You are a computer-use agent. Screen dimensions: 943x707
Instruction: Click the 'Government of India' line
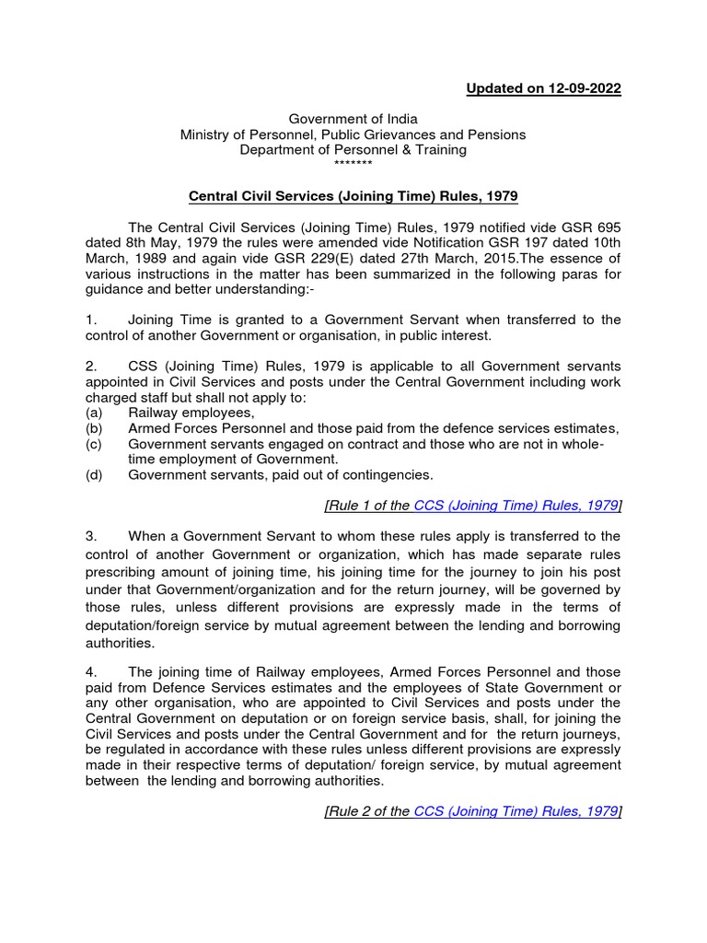pos(353,119)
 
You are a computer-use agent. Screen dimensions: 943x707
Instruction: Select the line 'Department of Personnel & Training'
pos(353,149)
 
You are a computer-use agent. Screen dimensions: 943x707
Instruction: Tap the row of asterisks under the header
pos(353,164)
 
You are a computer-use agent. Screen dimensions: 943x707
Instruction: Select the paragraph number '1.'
pos(91,320)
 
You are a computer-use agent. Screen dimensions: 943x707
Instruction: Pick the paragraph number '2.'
pos(91,367)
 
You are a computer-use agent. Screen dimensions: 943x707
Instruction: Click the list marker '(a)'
pos(93,413)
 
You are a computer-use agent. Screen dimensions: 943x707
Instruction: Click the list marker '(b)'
pos(93,429)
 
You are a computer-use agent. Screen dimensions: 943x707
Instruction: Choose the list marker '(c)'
pos(93,445)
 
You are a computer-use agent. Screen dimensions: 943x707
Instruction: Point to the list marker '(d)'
pos(93,475)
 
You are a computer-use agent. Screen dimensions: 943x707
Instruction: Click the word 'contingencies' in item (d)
pos(386,475)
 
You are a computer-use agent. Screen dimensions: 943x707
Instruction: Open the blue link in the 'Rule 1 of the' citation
pos(516,505)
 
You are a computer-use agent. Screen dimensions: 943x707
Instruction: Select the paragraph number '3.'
pos(91,535)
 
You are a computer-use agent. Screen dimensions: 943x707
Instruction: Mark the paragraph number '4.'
pos(91,672)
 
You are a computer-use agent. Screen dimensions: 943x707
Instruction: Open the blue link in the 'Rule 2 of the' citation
pos(516,811)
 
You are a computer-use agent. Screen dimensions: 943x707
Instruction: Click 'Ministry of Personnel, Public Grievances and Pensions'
pos(353,134)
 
